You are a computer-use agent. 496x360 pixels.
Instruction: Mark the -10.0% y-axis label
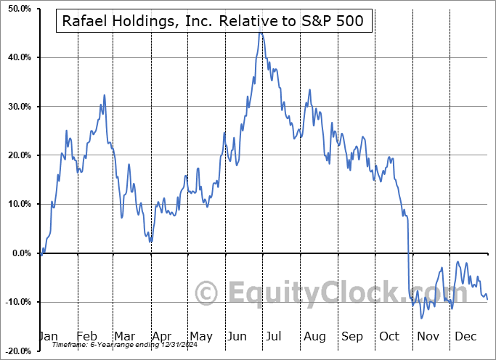(16, 302)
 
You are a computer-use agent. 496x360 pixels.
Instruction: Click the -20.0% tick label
(16, 351)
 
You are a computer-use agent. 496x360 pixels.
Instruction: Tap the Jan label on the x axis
(47, 336)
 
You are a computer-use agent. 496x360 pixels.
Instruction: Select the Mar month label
(123, 336)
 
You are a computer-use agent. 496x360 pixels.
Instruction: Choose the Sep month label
(352, 336)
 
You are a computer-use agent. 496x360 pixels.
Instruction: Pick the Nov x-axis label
(428, 336)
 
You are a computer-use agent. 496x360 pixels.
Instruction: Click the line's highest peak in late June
(260, 31)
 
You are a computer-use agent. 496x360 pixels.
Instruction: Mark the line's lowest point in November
(421, 318)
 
